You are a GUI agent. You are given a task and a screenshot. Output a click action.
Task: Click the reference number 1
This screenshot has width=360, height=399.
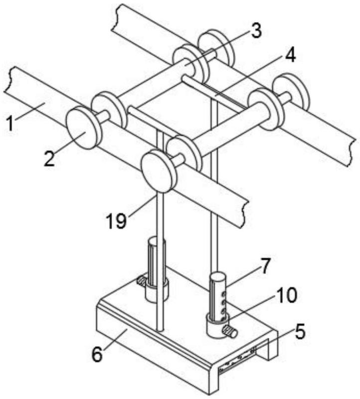(x=10, y=123)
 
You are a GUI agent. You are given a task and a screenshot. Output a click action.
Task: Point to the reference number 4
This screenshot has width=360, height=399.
(x=290, y=55)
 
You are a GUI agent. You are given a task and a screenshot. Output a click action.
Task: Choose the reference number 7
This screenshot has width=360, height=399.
(x=265, y=266)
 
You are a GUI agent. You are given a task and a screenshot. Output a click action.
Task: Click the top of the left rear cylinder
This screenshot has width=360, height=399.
(x=156, y=240)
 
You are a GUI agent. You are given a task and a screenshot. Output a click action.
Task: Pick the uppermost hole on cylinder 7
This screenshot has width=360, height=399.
(x=224, y=294)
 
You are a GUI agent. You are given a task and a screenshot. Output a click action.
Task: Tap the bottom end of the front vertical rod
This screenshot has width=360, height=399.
(x=159, y=330)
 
